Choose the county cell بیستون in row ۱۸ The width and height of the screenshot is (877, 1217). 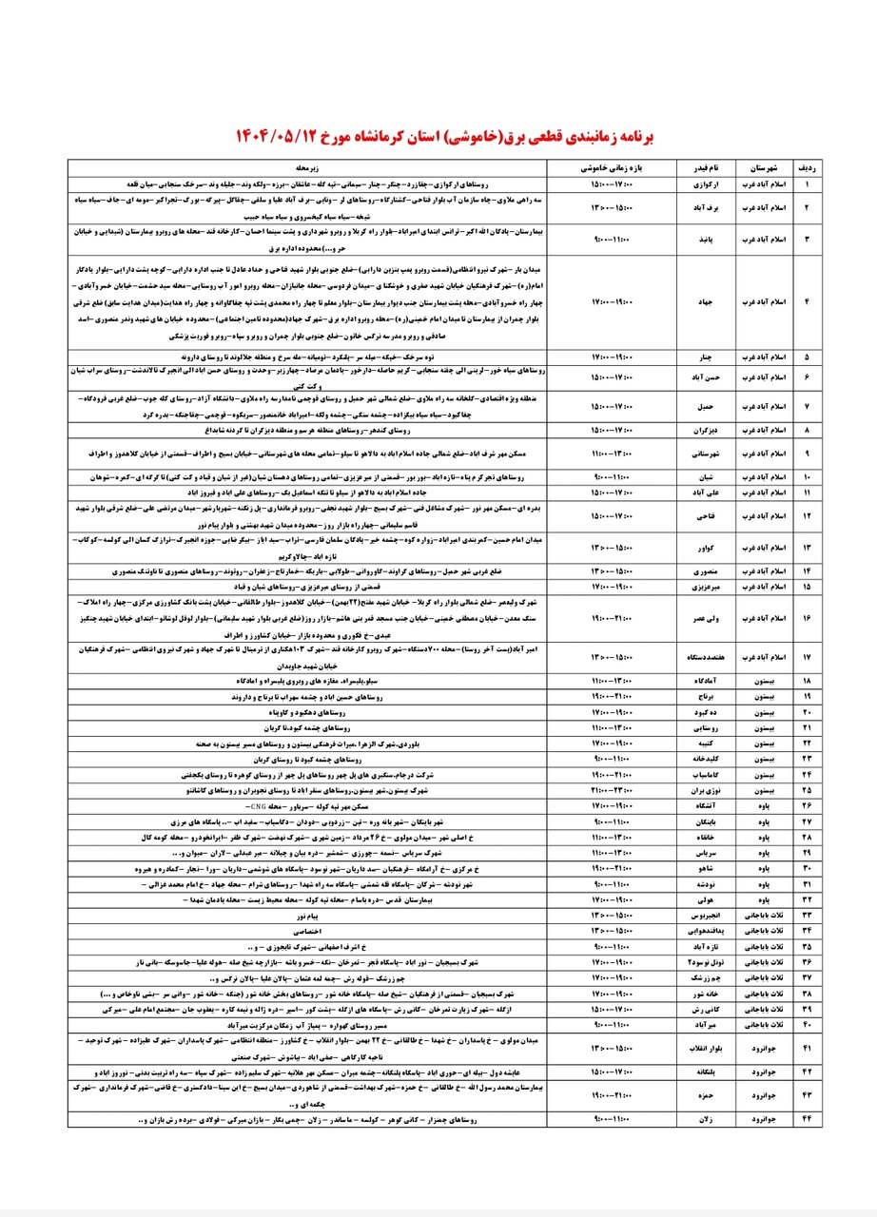pos(760,682)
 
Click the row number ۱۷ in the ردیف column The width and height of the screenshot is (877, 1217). pos(809,656)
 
